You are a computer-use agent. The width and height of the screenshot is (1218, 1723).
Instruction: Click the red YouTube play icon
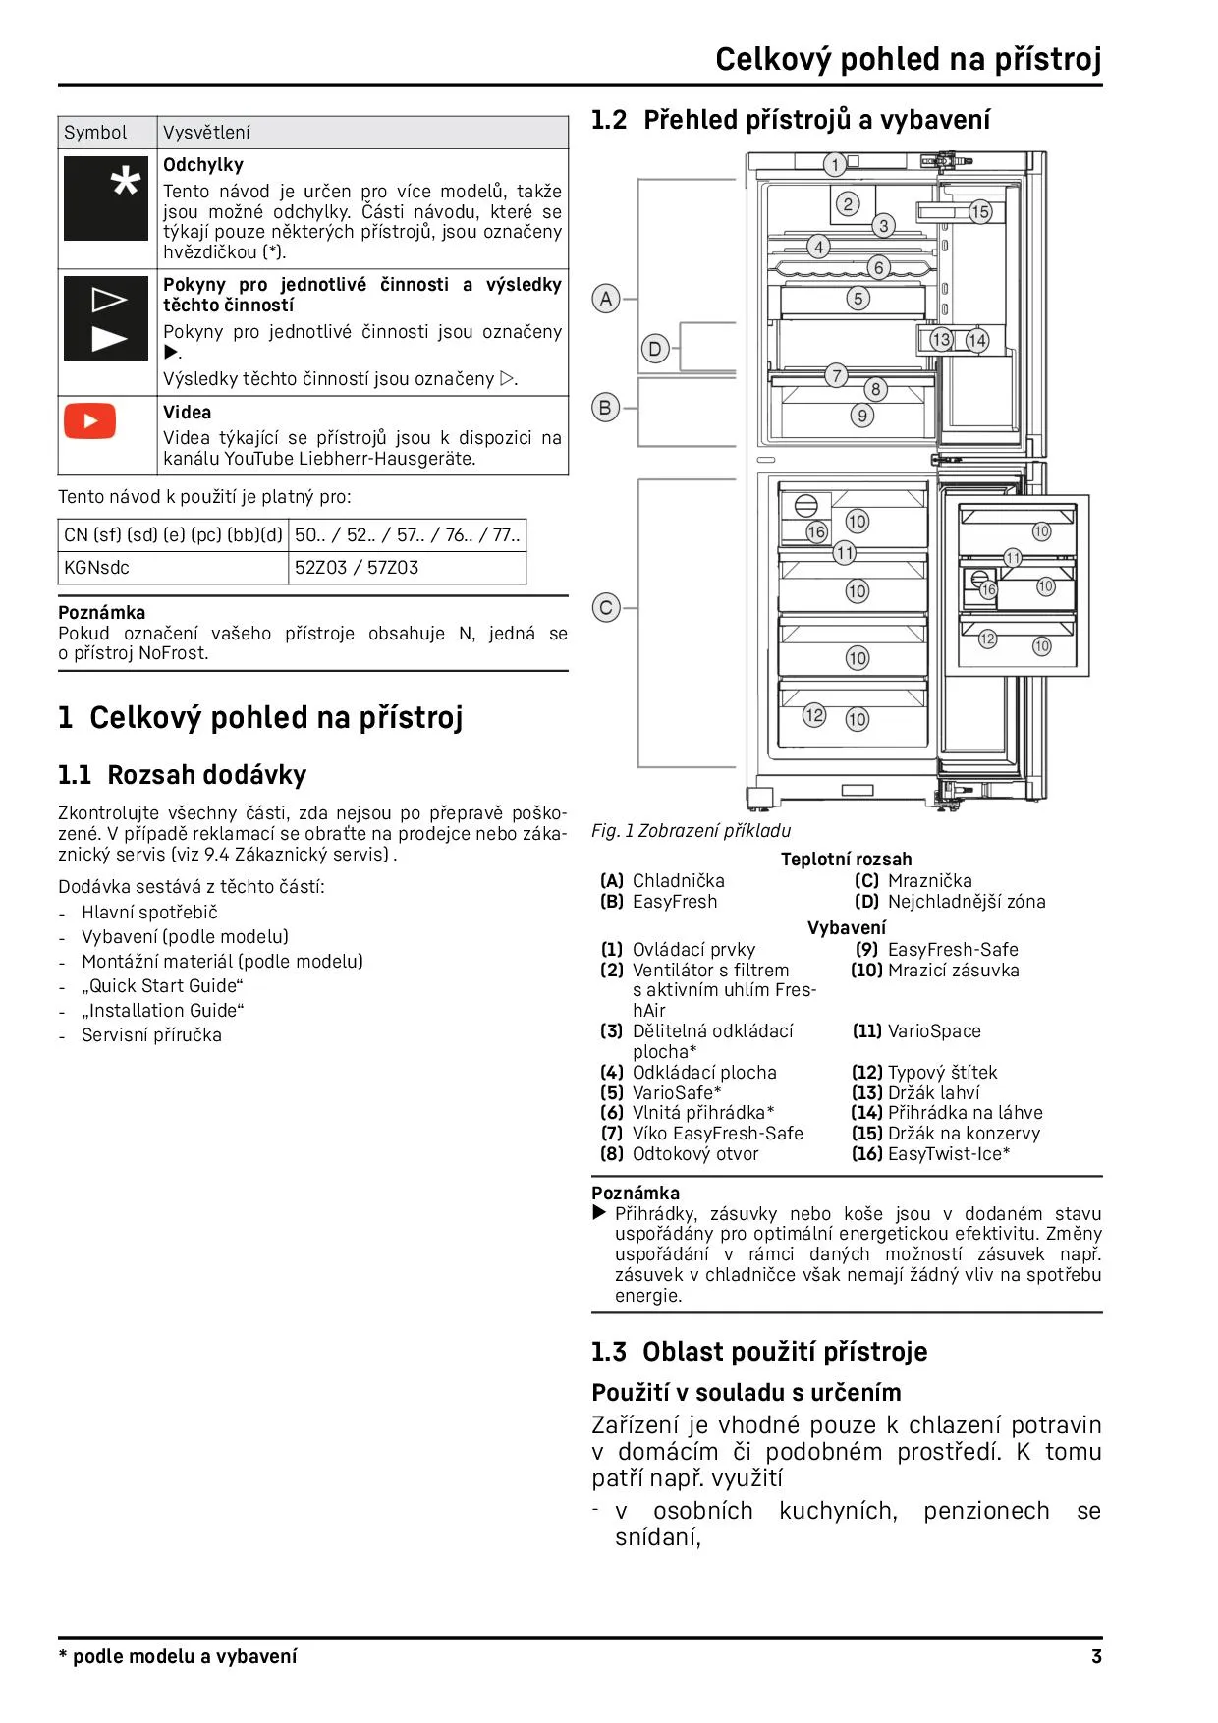click(x=90, y=421)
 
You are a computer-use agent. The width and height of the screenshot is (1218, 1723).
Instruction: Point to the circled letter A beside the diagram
click(x=606, y=299)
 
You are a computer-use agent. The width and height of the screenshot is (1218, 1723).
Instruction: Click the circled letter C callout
click(x=606, y=608)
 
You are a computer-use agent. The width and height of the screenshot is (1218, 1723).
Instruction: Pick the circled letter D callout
click(x=655, y=348)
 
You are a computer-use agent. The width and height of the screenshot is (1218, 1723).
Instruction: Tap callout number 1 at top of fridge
click(x=835, y=164)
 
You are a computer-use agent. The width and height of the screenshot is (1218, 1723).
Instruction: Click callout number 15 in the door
click(x=980, y=212)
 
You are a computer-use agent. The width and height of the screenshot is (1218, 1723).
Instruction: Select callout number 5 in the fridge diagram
click(x=858, y=299)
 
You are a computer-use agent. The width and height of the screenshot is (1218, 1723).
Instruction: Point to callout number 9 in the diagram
click(x=862, y=416)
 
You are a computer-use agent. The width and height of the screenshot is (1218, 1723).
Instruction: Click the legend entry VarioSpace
click(x=933, y=1030)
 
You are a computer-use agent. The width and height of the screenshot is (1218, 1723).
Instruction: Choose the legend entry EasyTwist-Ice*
click(x=948, y=1153)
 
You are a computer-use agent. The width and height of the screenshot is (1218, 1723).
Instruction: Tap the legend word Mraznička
click(x=929, y=880)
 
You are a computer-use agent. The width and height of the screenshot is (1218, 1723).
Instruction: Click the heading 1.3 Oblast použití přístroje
click(x=759, y=1352)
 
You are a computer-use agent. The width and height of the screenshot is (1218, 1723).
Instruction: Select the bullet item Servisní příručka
click(x=151, y=1034)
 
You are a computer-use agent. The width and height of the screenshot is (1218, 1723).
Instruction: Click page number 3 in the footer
click(x=1096, y=1656)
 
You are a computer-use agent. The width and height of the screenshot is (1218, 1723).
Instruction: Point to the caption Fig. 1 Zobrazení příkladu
click(x=691, y=830)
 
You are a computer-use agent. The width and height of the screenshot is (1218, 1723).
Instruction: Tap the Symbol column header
click(x=95, y=133)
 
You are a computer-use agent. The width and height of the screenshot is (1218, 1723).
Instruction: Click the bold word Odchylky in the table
click(x=203, y=165)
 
